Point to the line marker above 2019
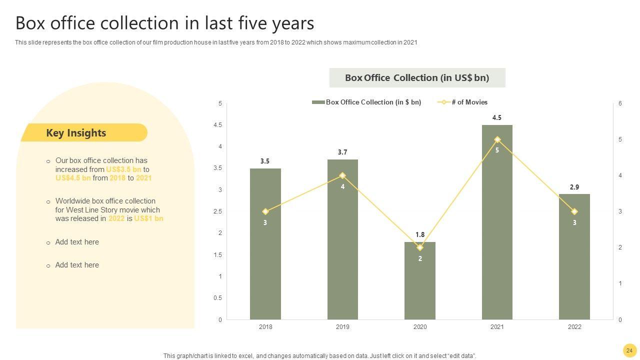pos(342,175)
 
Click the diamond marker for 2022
pos(574,211)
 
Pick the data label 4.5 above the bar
pos(497,118)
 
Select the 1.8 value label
pos(420,235)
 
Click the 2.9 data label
pos(574,187)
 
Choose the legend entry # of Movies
pos(463,102)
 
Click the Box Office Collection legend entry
pos(367,102)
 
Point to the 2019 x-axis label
pos(342,327)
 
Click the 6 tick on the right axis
pos(620,103)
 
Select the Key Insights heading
pos(76,133)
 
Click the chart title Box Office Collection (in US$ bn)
pos(417,78)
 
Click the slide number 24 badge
pos(629,350)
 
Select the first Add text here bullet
pos(77,242)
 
